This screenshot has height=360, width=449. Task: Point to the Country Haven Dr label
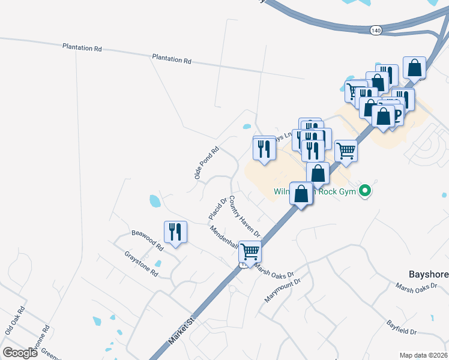(x=244, y=217)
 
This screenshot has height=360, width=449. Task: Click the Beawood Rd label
(x=148, y=240)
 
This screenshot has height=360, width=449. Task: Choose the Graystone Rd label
(x=141, y=264)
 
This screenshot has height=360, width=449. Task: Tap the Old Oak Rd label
(x=14, y=320)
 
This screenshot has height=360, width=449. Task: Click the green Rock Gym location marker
(x=364, y=191)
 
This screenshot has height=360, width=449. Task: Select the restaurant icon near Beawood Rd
(x=175, y=231)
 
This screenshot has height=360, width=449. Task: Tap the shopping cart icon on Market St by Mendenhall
(x=250, y=251)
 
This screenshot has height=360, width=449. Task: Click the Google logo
(x=20, y=352)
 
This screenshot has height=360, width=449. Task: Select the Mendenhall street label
(x=224, y=238)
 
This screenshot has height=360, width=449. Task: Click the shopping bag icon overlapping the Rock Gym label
(x=301, y=193)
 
